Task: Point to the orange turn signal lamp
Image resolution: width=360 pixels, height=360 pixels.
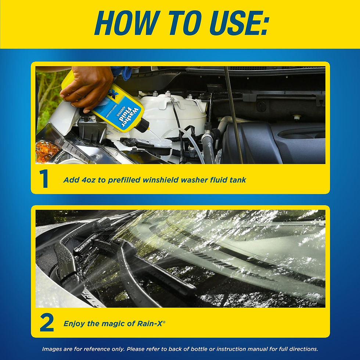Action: coord(46,151)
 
